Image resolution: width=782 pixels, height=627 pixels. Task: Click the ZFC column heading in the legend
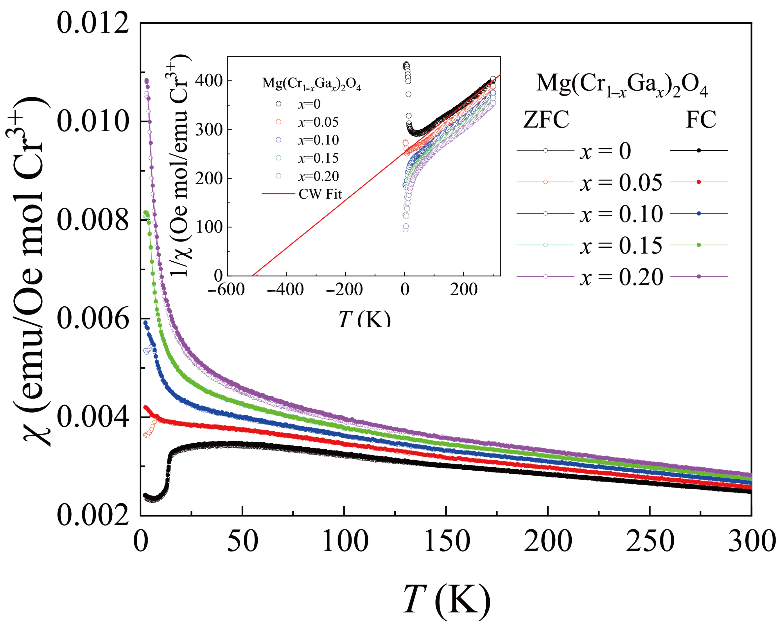546,120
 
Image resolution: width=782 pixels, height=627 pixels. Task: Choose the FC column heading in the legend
701,120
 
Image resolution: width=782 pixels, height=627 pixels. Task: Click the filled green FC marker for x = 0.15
699,245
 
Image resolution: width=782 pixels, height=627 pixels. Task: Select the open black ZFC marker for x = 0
545,150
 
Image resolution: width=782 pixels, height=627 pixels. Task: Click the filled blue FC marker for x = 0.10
699,213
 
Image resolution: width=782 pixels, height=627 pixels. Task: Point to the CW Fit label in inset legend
320,194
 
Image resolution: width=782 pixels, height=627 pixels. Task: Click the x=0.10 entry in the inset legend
318,140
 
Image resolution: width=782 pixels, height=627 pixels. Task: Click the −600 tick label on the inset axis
226,290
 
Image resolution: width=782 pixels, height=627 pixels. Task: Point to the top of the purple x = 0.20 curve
147,81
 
